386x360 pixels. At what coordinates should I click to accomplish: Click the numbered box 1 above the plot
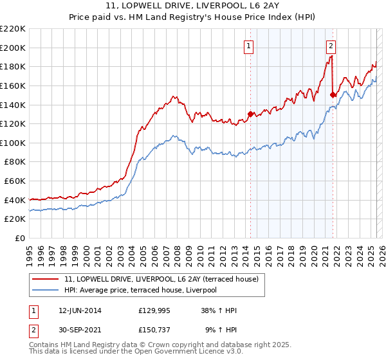(x=248, y=45)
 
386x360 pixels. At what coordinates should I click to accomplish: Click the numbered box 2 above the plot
(x=331, y=45)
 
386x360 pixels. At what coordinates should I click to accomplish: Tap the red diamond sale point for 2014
(x=250, y=114)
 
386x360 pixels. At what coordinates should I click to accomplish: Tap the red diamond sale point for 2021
(x=333, y=94)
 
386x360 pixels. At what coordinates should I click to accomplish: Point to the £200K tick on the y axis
(x=14, y=48)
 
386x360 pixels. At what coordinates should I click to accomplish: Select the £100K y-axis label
(x=14, y=143)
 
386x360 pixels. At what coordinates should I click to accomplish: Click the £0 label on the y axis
(x=19, y=238)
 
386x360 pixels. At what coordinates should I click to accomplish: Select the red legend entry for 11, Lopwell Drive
(x=161, y=279)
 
